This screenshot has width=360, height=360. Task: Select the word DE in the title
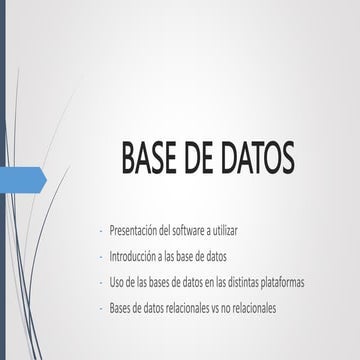pyautogui.click(x=200, y=159)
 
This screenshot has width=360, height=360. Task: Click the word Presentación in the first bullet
pyautogui.click(x=134, y=230)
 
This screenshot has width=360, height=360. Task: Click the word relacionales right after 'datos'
pyautogui.click(x=183, y=306)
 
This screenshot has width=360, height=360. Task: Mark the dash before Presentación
pyautogui.click(x=101, y=230)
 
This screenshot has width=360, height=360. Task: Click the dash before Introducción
pyautogui.click(x=101, y=256)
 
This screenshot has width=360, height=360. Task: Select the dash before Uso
pyautogui.click(x=101, y=281)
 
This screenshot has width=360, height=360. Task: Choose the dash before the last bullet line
pyautogui.click(x=101, y=306)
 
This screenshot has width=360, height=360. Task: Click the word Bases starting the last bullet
pyautogui.click(x=121, y=306)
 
